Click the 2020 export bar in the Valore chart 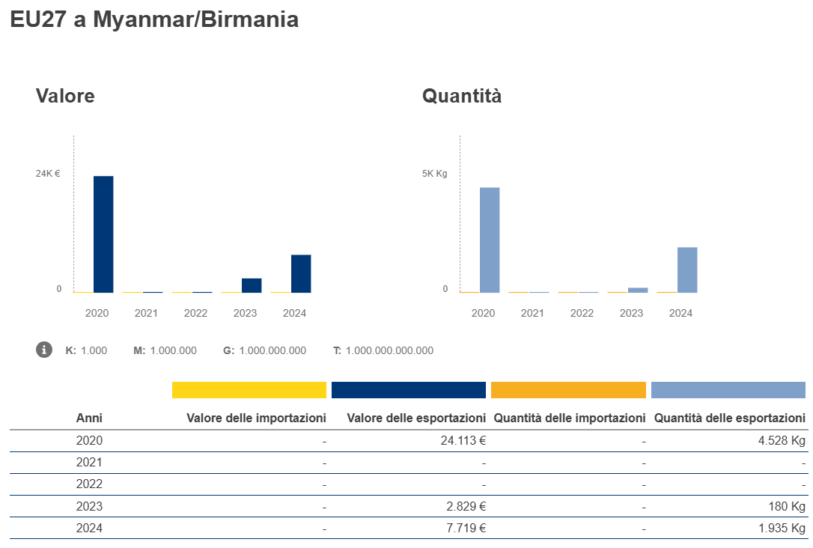point(103,234)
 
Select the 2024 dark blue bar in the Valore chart point(301,273)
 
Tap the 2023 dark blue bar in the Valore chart point(252,285)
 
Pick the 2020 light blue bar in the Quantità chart point(490,240)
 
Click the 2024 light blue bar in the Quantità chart point(687,270)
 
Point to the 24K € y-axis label point(48,174)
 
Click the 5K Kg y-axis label point(434,174)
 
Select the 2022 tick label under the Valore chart point(195,313)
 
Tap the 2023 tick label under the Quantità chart point(631,313)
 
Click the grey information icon point(44,350)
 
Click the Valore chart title point(65,96)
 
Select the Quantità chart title point(462,96)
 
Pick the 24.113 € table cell point(463,441)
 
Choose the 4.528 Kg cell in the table point(782,441)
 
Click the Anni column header point(89,418)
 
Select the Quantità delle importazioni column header point(569,418)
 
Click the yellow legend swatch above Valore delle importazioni point(249,390)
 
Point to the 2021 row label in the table point(89,463)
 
